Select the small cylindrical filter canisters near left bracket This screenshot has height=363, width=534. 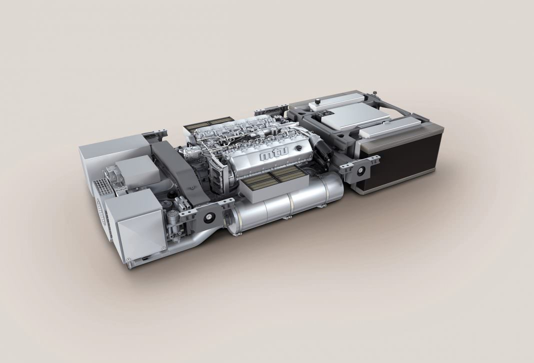pyautogui.click(x=175, y=220)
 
